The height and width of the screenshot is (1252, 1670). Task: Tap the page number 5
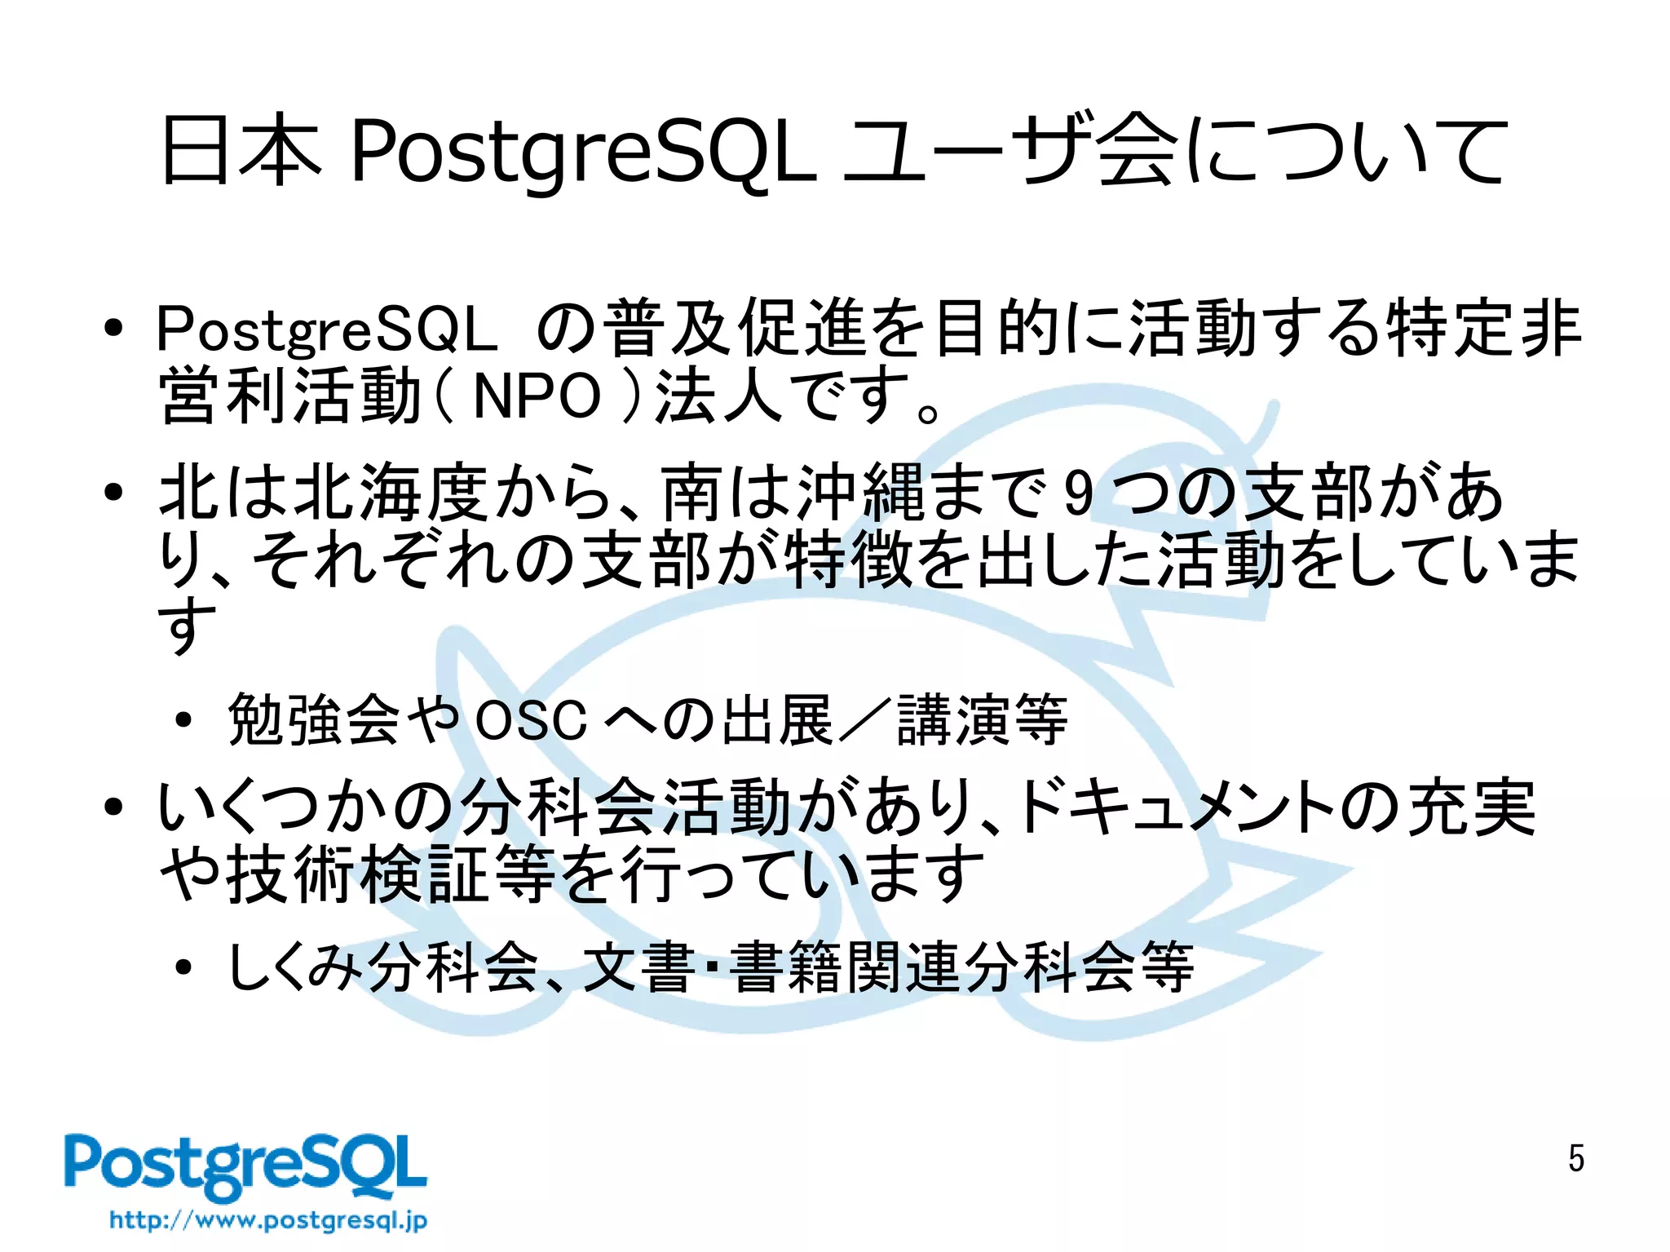click(x=1575, y=1158)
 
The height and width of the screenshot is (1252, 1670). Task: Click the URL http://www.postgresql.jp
click(x=268, y=1220)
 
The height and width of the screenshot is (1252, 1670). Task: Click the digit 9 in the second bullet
click(x=1078, y=493)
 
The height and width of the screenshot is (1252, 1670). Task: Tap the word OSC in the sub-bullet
click(x=531, y=720)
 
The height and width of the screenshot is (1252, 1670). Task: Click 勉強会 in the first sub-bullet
click(x=313, y=720)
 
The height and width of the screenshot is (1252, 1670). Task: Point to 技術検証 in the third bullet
click(x=358, y=874)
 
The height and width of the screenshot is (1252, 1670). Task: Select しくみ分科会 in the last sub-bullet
click(x=383, y=967)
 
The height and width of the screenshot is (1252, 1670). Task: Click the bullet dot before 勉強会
click(x=183, y=721)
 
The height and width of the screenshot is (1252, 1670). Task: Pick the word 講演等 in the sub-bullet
click(x=982, y=720)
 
